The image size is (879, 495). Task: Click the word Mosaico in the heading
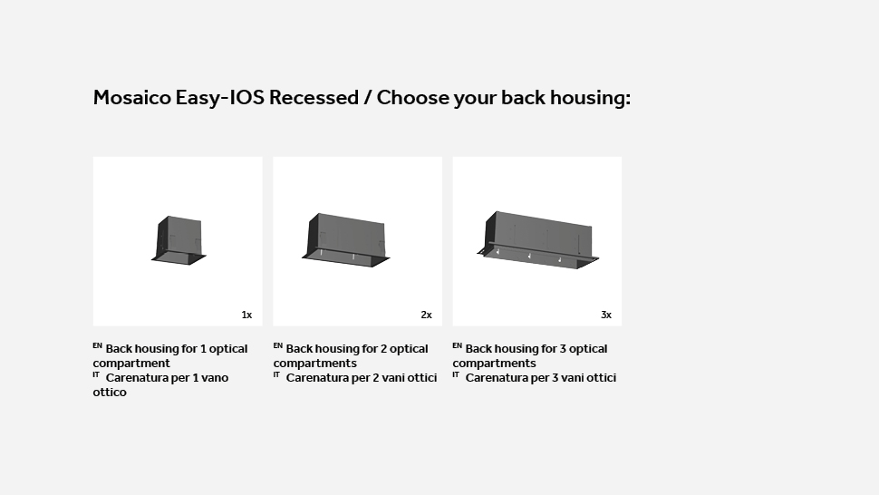[x=131, y=98]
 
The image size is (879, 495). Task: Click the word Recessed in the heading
[x=314, y=98]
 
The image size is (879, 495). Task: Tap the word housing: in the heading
[x=590, y=99]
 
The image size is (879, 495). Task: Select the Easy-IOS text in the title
[x=219, y=98]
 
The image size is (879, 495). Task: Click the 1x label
[x=246, y=315]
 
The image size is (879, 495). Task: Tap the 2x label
[x=427, y=315]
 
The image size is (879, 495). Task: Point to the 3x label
[x=606, y=315]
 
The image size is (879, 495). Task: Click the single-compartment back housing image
[x=179, y=240]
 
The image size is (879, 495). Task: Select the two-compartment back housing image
[x=346, y=240]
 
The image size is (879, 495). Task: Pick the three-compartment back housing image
[x=537, y=240]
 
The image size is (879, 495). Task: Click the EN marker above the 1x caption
[x=98, y=346]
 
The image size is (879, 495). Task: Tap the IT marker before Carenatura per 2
[x=276, y=374]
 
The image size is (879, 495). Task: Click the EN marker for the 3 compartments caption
[x=457, y=346]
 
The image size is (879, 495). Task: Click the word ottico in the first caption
[x=110, y=393]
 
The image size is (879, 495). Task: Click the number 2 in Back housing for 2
[x=384, y=349]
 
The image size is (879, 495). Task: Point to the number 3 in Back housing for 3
[x=564, y=349]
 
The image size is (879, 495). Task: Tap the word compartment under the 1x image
[x=131, y=364]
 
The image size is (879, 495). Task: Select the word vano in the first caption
[x=216, y=378]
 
